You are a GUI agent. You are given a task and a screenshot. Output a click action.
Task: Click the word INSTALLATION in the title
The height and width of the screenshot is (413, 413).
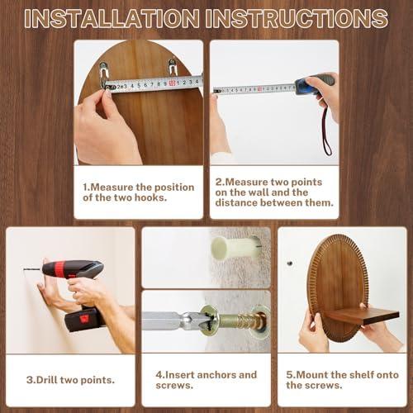pyautogui.click(x=112, y=19)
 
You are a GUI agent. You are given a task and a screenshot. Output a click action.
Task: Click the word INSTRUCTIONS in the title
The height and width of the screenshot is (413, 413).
pyautogui.click(x=297, y=19)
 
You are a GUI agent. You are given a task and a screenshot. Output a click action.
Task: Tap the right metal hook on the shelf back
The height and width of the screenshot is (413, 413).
pyautogui.click(x=173, y=68)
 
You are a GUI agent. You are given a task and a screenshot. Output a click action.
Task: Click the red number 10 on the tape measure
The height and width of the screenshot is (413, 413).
pyautogui.click(x=173, y=83)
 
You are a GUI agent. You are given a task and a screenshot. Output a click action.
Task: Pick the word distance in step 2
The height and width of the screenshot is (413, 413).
pyautogui.click(x=236, y=202)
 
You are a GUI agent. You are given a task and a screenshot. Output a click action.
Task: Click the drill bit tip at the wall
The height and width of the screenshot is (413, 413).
pyautogui.click(x=25, y=269)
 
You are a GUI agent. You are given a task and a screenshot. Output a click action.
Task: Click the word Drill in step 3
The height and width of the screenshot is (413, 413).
pyautogui.click(x=46, y=380)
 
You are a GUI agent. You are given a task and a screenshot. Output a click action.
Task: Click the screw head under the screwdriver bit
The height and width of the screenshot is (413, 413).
pyautogui.click(x=210, y=320)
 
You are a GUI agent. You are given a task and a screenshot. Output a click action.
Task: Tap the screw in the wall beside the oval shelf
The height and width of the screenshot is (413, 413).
pyautogui.click(x=289, y=263)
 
